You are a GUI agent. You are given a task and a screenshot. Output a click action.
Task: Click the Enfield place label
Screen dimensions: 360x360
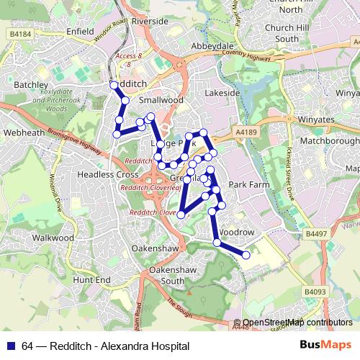[x=81, y=32]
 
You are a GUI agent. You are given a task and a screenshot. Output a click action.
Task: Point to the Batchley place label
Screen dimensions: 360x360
[x=30, y=84]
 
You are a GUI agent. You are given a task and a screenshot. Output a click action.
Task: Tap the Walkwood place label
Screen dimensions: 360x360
[x=54, y=237]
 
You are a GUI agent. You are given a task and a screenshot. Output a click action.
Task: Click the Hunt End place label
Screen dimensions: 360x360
[x=92, y=279]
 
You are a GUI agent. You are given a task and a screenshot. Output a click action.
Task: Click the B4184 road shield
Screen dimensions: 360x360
[x=22, y=33]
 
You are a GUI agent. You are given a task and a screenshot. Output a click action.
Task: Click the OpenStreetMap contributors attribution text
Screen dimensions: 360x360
[x=297, y=323]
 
